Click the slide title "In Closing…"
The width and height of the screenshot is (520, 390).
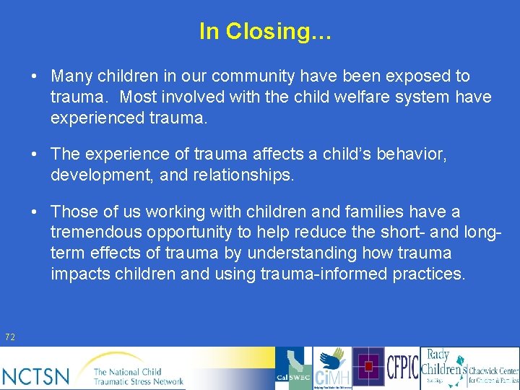264,31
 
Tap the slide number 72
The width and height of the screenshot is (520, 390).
10,337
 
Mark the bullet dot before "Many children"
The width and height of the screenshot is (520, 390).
34,77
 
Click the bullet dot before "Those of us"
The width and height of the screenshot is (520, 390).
34,212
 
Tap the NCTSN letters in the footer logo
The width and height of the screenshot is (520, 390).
36,375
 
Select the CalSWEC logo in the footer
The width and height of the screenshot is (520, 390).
295,369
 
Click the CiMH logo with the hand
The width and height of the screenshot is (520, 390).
332,369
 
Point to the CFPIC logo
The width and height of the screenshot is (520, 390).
403,368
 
